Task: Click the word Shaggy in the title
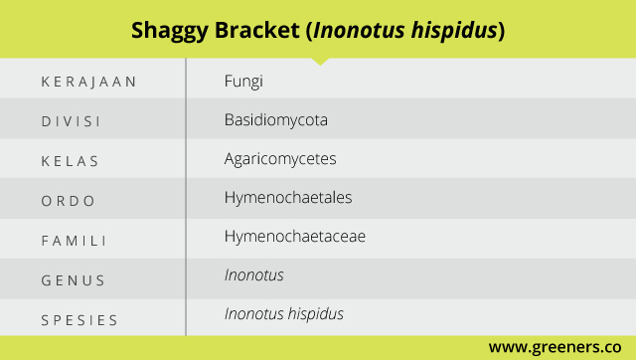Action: [x=170, y=31]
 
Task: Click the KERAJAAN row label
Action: [x=88, y=82]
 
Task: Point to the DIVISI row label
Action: [x=71, y=121]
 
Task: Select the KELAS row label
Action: [x=70, y=161]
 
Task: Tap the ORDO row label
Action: [x=69, y=201]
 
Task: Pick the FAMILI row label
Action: [x=74, y=241]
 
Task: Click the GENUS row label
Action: [x=73, y=280]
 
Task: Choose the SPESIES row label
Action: [x=79, y=320]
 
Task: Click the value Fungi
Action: [x=243, y=82]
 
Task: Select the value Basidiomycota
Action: [x=276, y=120]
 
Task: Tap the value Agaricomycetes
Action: [x=280, y=159]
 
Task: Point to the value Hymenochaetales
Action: [x=288, y=198]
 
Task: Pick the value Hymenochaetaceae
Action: [x=295, y=237]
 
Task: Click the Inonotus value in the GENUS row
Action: [x=254, y=275]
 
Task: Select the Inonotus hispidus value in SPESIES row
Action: [x=284, y=314]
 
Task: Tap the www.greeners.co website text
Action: [x=555, y=347]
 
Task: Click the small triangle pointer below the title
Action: [x=320, y=62]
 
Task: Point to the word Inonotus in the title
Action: [x=359, y=31]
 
